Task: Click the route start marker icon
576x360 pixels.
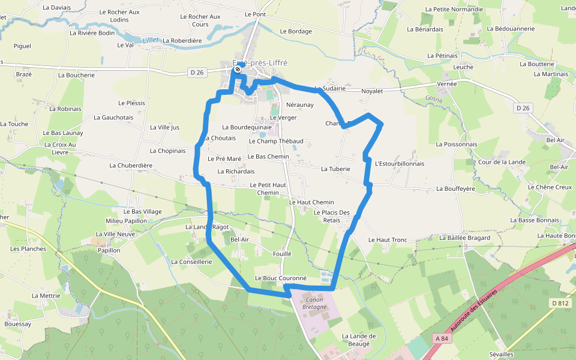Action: [238, 69]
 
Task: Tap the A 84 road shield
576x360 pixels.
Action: [442, 338]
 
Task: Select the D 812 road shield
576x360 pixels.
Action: [560, 303]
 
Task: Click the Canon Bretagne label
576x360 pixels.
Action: [314, 303]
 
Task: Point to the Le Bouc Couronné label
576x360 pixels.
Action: [281, 278]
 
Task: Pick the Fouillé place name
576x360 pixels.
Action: [281, 254]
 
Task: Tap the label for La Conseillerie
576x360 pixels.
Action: [191, 262]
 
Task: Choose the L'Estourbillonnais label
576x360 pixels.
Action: [399, 164]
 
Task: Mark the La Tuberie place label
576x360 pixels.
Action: [335, 169]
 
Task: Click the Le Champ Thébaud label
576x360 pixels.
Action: [275, 141]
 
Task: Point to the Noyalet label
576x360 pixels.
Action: [372, 91]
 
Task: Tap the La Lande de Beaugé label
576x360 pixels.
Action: [359, 340]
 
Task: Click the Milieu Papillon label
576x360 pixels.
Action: [126, 221]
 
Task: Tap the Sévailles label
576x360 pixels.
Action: [501, 355]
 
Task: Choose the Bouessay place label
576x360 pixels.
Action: [17, 324]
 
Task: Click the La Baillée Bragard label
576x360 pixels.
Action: [464, 238]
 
